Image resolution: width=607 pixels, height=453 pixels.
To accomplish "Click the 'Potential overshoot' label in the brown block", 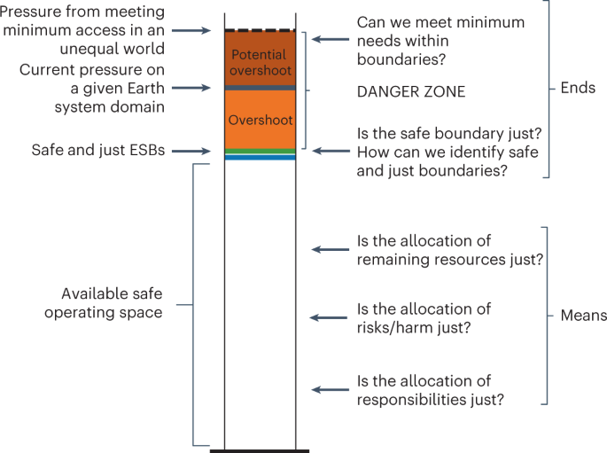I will [x=260, y=62].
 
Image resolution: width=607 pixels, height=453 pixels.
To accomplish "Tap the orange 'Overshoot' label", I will [x=260, y=119].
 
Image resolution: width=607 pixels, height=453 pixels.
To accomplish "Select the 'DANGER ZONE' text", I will [x=410, y=90].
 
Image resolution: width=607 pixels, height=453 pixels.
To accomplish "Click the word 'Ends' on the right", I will [x=578, y=89].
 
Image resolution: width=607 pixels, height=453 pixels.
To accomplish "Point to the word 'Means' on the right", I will [x=583, y=316].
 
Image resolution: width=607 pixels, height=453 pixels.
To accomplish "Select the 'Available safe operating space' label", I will [x=112, y=302].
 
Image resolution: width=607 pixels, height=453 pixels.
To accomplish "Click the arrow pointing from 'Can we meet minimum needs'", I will [x=330, y=39].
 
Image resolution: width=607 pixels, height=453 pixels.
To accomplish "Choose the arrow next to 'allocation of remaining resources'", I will [x=330, y=249].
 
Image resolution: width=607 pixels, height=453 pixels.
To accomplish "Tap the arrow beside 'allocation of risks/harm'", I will [x=330, y=317].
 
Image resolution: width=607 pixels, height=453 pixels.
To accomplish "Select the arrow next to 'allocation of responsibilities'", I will [x=330, y=389].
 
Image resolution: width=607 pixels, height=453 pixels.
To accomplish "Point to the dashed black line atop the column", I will [x=260, y=30].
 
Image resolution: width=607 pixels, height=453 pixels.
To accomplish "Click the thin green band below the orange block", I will [x=260, y=152].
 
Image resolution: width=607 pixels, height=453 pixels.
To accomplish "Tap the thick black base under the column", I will [x=260, y=450].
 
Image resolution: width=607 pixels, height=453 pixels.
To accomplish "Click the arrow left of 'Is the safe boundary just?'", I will [x=330, y=151].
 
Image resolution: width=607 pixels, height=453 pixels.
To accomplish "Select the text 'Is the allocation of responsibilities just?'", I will [x=430, y=390].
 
